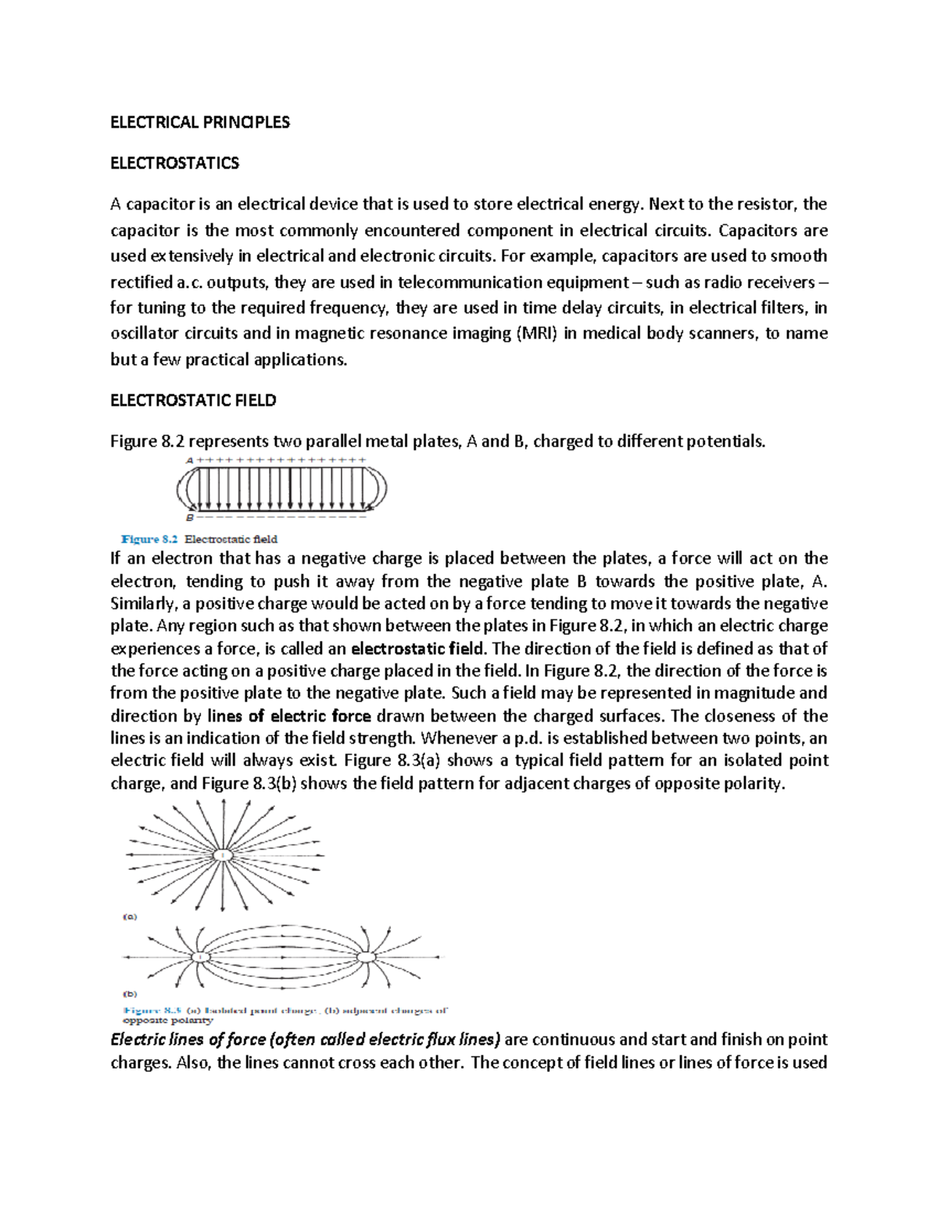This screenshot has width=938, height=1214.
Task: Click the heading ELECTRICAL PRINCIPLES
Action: (199, 122)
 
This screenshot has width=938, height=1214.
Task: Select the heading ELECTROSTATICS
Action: (174, 163)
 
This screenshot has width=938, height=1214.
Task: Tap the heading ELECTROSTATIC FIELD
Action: (193, 400)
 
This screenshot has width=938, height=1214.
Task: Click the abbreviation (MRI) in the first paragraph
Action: (535, 334)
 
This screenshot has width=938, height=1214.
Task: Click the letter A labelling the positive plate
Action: (189, 460)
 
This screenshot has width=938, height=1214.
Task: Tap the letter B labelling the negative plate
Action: (189, 517)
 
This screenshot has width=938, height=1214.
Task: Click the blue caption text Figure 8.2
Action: (150, 539)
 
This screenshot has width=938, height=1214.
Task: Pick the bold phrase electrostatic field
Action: (418, 649)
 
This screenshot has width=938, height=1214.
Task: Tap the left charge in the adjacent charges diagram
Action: (201, 957)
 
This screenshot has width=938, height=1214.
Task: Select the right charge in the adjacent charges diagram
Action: (366, 957)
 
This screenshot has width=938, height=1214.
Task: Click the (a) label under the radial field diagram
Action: (130, 916)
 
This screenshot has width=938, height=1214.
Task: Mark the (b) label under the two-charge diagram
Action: (130, 994)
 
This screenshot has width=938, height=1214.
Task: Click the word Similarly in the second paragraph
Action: (142, 604)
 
